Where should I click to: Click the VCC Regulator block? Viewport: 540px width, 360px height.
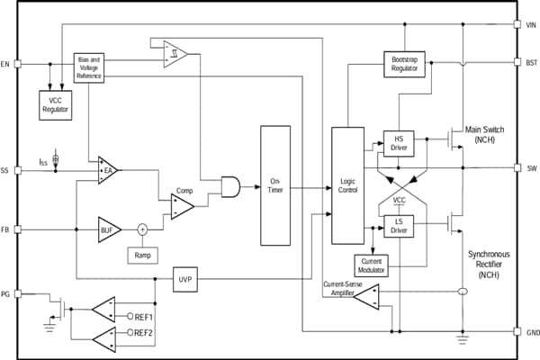click(x=55, y=105)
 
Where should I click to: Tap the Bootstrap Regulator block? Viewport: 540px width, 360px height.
click(x=404, y=66)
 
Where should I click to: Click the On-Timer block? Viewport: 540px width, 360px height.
click(x=276, y=185)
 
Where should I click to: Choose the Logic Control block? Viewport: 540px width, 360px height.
click(x=346, y=185)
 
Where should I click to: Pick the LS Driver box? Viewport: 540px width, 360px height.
click(x=398, y=226)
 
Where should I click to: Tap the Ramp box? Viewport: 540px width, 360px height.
click(x=142, y=256)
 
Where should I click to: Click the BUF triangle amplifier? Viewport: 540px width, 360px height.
click(x=110, y=229)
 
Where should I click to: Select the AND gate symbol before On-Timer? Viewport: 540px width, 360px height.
click(x=230, y=186)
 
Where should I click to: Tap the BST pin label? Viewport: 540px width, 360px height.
click(x=530, y=62)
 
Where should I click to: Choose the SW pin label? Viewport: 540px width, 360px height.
click(x=530, y=168)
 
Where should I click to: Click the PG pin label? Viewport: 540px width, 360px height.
click(x=7, y=294)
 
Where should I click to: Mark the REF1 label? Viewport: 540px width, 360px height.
click(x=144, y=317)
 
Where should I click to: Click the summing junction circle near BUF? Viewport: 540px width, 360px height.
click(x=141, y=229)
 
